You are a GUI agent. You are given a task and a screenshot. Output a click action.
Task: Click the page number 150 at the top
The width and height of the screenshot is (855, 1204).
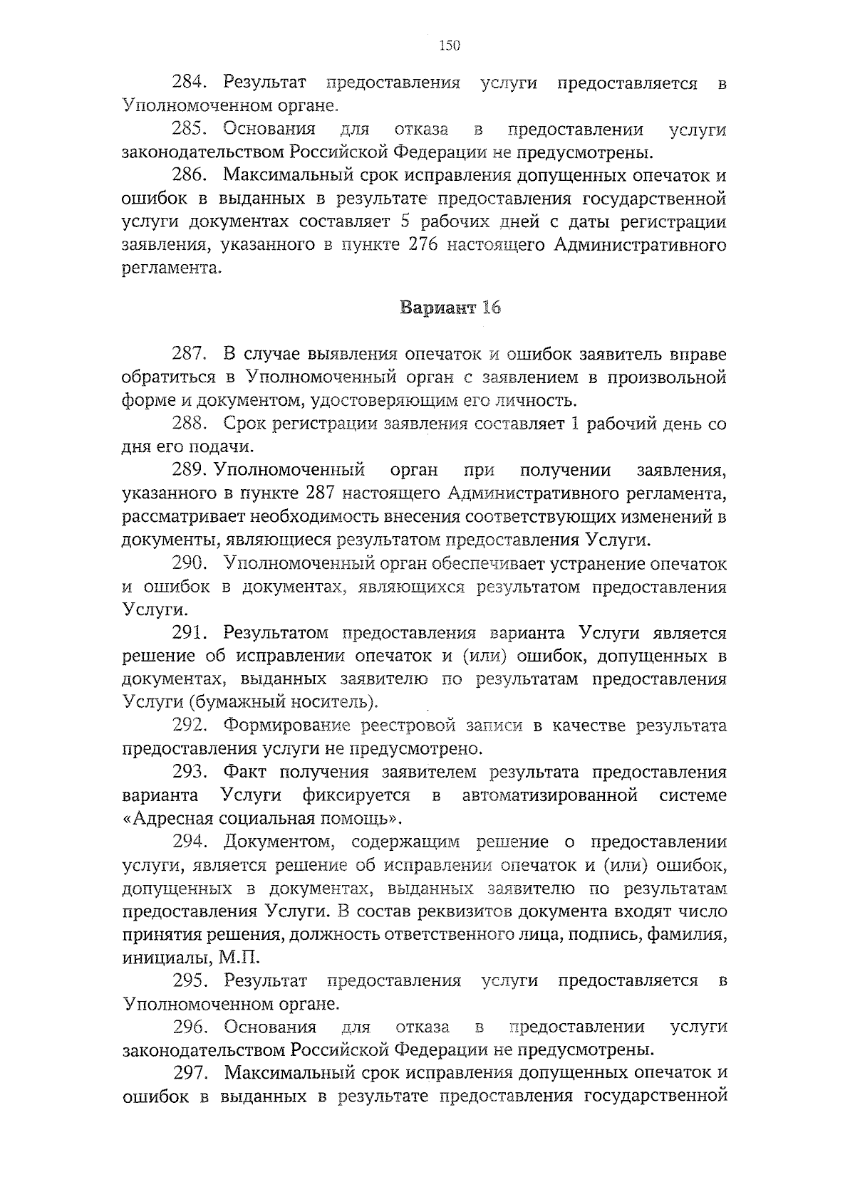pos(450,46)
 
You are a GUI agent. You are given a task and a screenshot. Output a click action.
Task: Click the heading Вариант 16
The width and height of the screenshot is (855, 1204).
pos(450,308)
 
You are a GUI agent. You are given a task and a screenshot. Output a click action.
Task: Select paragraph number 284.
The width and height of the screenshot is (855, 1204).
pos(190,83)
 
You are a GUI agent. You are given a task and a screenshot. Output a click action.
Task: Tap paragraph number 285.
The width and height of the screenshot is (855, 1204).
pos(190,130)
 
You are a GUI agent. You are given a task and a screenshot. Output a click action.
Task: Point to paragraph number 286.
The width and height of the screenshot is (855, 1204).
pos(190,176)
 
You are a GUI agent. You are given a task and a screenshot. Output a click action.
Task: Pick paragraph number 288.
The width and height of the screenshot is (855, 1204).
pos(190,424)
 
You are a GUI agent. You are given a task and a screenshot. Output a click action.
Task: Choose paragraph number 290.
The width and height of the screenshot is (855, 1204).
pos(190,564)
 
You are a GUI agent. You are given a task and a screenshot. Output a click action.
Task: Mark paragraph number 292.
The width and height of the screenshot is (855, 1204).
pos(190,726)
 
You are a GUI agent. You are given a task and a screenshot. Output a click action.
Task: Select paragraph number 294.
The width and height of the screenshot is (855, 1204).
pos(190,842)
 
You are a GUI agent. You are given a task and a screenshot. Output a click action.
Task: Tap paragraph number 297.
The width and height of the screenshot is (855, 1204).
pos(190,1073)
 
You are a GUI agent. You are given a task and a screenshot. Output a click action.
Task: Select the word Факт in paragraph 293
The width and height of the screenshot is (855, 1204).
pos(245,773)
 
